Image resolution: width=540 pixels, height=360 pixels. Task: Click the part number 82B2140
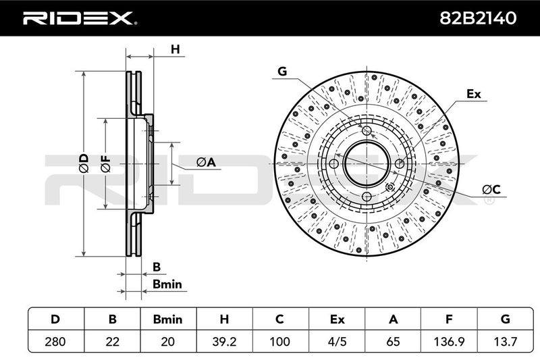pyautogui.click(x=478, y=18)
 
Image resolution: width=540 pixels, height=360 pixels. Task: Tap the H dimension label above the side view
pyautogui.click(x=175, y=49)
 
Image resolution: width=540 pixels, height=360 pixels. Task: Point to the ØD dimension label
pyautogui.click(x=84, y=163)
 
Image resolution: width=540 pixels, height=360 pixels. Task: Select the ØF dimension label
pyautogui.click(x=106, y=163)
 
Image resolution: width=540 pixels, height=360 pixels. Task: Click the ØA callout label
pyautogui.click(x=206, y=162)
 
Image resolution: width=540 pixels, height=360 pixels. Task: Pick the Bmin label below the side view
pyautogui.click(x=167, y=284)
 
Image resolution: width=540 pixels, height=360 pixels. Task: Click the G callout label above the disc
pyautogui.click(x=282, y=72)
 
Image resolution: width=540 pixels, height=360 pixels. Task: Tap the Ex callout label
pyautogui.click(x=474, y=94)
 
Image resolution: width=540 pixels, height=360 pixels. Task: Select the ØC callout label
pyautogui.click(x=491, y=189)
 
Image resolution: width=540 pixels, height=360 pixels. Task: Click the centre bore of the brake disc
pyautogui.click(x=367, y=163)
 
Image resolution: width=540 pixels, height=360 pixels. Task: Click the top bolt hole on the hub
pyautogui.click(x=367, y=130)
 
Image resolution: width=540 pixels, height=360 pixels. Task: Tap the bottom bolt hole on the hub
pyautogui.click(x=367, y=197)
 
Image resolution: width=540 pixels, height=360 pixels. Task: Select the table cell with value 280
pyautogui.click(x=55, y=341)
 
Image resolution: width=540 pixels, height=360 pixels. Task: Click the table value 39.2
pyautogui.click(x=224, y=341)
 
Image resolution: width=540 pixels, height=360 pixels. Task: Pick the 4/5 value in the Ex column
pyautogui.click(x=337, y=341)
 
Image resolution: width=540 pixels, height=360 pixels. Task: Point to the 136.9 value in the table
pyautogui.click(x=449, y=341)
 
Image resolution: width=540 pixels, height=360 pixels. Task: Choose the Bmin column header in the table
pyautogui.click(x=167, y=319)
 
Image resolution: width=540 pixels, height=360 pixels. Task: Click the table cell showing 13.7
pyautogui.click(x=505, y=341)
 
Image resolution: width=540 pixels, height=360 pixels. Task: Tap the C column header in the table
pyautogui.click(x=280, y=319)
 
